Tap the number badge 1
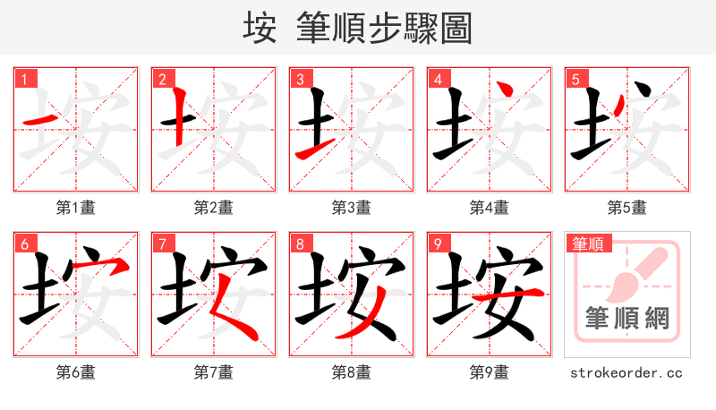24,79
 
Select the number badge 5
575,79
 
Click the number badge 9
438,243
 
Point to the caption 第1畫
76,208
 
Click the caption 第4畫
490,208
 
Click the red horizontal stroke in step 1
40,119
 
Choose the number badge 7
162,243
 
